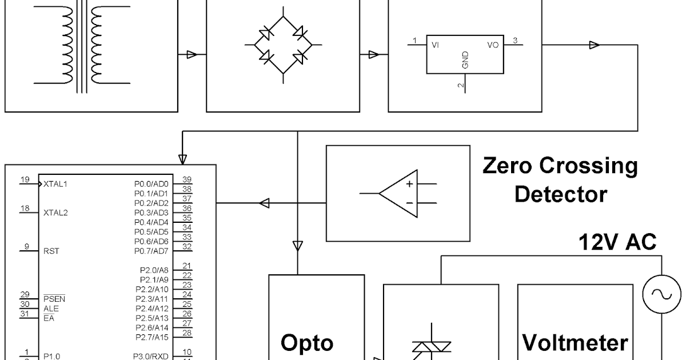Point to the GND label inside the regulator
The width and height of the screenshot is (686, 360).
(465, 60)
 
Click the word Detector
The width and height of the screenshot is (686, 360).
(560, 194)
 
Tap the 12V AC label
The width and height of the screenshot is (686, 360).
(617, 242)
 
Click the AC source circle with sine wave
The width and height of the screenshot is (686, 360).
(661, 294)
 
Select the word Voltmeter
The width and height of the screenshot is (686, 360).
(575, 343)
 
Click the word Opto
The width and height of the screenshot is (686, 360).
(307, 343)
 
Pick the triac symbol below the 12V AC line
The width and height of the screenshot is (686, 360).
(432, 347)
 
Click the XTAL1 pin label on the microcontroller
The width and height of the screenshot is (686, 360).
(55, 185)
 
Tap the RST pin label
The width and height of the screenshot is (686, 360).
(51, 251)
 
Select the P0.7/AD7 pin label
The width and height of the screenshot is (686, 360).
(151, 251)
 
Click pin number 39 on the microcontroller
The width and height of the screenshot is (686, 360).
(186, 179)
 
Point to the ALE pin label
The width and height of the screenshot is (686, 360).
(50, 309)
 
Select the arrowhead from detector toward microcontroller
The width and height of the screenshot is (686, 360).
(264, 203)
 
